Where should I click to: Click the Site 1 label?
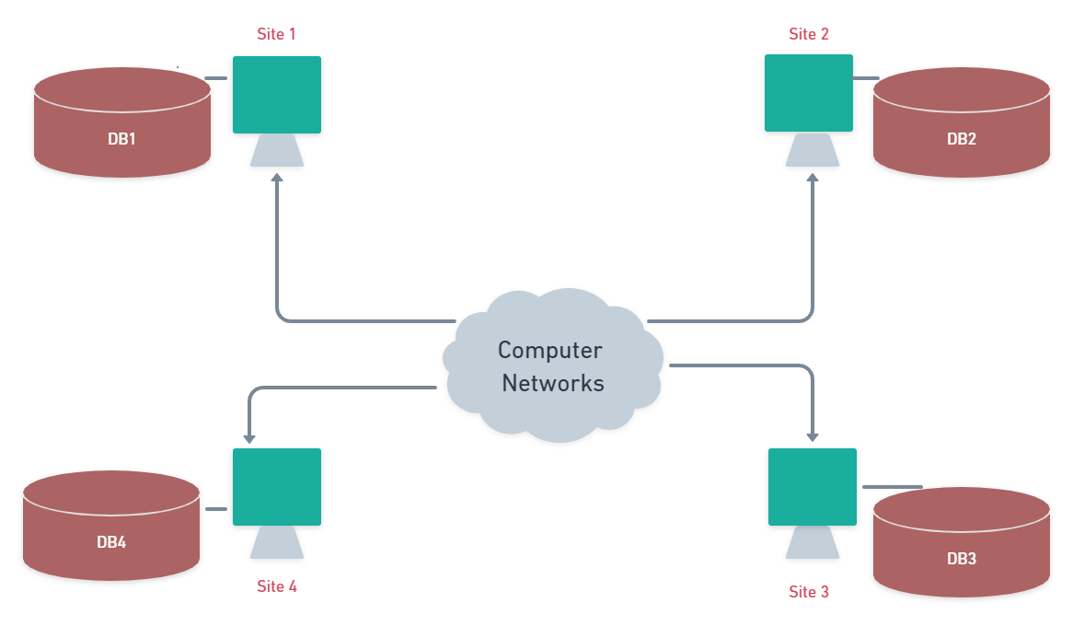point(276,34)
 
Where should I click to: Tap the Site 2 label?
point(809,34)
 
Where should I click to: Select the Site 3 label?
point(809,592)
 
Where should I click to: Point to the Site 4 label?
point(276,586)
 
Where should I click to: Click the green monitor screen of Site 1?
point(277,95)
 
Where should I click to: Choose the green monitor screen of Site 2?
point(809,93)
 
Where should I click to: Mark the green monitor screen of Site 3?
point(813,487)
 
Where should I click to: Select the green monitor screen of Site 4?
point(277,487)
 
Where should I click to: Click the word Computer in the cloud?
point(550,351)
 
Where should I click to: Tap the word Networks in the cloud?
point(553,383)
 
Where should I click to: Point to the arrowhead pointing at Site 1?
point(277,179)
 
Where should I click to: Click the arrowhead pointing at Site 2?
point(813,179)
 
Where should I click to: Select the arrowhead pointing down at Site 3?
point(813,435)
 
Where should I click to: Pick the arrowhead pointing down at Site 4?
point(248,435)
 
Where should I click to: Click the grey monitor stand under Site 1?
point(277,151)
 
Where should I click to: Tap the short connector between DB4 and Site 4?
point(216,509)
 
